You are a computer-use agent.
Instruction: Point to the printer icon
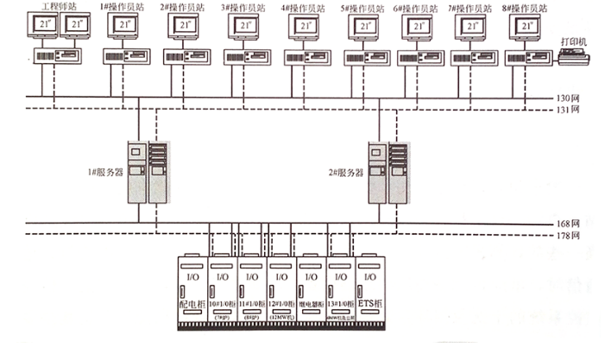tap(572, 57)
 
